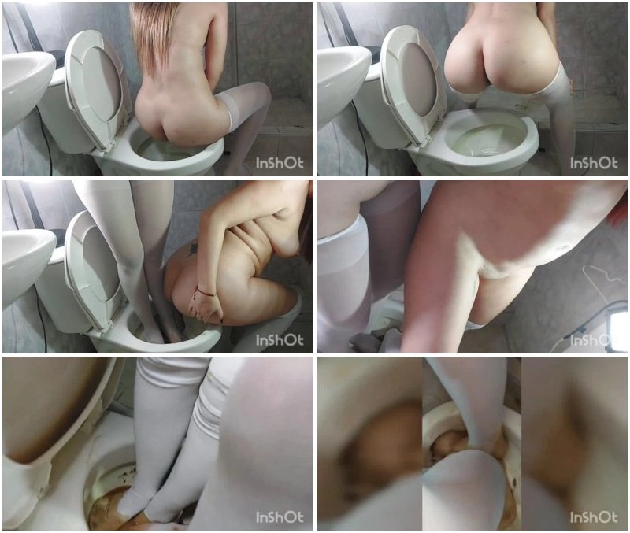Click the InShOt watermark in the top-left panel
click(x=280, y=163)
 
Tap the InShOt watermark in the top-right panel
click(x=594, y=163)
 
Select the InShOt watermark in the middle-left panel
click(x=280, y=340)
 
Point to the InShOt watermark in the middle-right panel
click(x=594, y=340)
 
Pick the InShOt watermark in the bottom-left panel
click(x=280, y=517)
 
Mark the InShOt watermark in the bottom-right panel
click(x=594, y=517)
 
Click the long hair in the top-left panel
click(x=154, y=36)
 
